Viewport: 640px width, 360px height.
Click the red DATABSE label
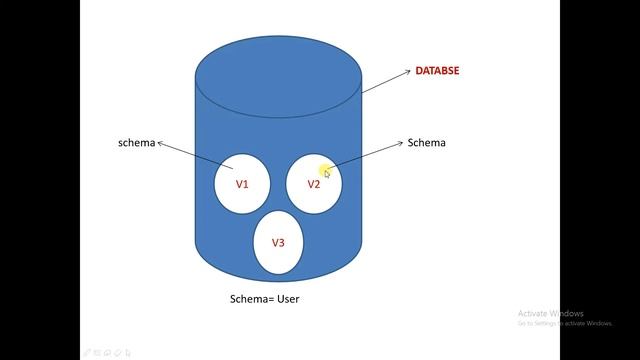pos(438,71)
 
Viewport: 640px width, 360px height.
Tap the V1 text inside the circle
pos(242,184)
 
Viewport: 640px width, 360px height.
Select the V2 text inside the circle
pos(313,184)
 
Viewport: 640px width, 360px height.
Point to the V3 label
pos(278,243)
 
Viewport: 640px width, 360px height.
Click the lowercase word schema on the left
pos(136,143)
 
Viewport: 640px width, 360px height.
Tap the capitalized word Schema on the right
pos(427,143)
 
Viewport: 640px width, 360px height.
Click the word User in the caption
pos(288,299)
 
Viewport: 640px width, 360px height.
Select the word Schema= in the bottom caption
pos(253,299)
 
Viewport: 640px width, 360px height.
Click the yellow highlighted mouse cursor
pos(326,172)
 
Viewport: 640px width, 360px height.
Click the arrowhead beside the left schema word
pos(160,142)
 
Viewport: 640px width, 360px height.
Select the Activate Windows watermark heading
pos(551,313)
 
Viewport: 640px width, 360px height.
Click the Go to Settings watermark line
pos(565,323)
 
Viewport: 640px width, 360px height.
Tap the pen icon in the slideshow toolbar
pos(89,352)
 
